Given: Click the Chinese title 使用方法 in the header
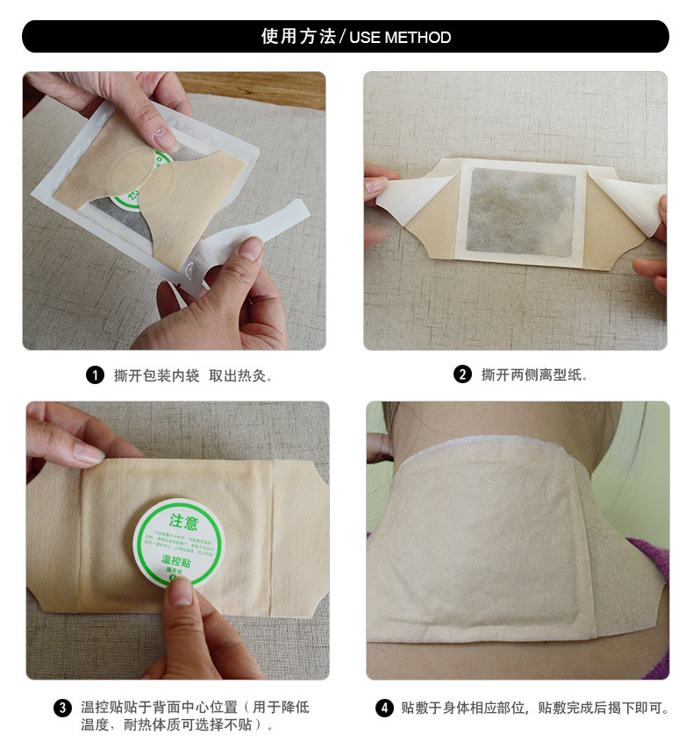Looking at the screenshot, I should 298,37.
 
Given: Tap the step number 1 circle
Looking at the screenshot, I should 95,375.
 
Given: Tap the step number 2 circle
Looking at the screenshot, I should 462,375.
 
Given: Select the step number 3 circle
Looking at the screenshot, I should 62,708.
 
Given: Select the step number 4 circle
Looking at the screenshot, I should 384,708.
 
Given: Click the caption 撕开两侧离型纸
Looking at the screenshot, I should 534,375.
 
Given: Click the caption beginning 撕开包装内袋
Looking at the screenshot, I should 194,375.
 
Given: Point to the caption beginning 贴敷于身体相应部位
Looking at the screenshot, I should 535,708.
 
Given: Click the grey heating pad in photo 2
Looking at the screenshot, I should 522,211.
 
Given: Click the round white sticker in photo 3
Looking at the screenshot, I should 178,542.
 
